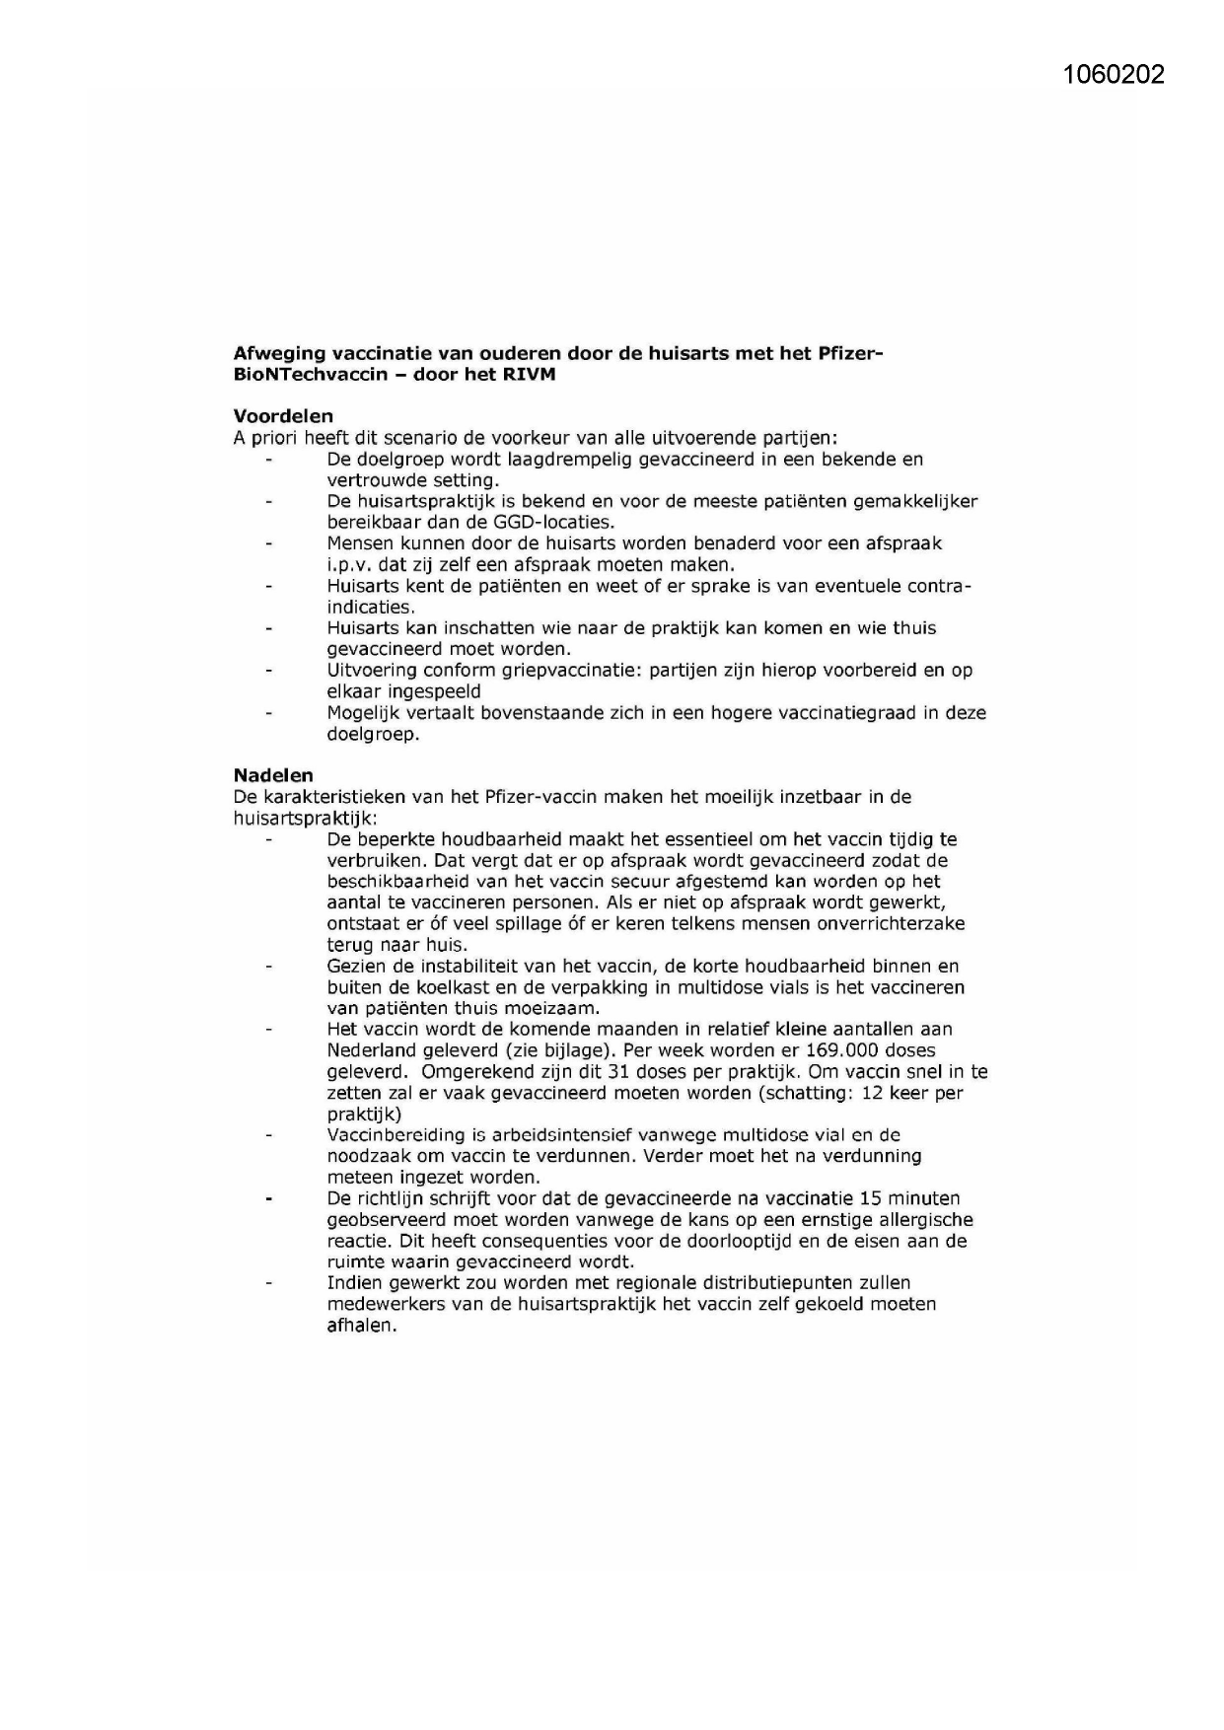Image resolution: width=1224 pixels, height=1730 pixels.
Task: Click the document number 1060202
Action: (1115, 75)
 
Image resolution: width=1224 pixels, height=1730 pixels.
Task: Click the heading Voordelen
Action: (283, 416)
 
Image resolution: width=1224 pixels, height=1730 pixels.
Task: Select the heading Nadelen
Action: (273, 775)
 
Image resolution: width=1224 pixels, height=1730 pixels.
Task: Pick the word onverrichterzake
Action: (892, 924)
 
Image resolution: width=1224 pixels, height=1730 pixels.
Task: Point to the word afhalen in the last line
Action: (361, 1326)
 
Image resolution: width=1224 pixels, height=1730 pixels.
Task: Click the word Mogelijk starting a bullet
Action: (366, 713)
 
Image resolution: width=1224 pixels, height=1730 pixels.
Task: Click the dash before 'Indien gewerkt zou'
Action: (267, 1283)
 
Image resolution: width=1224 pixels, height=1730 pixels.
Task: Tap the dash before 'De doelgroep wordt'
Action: (267, 460)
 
